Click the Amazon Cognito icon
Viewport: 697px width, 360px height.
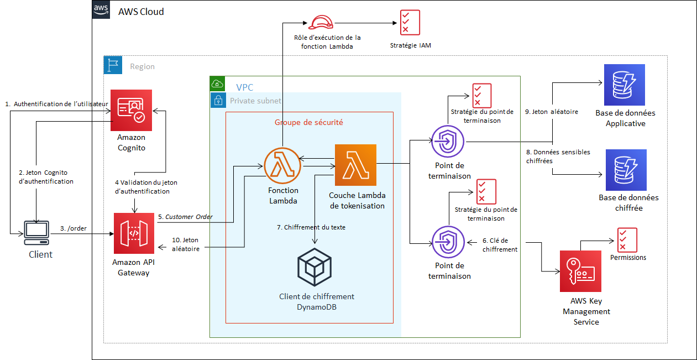(x=131, y=109)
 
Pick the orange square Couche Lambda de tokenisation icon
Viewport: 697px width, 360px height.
(x=355, y=165)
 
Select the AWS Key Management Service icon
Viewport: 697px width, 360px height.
(x=580, y=271)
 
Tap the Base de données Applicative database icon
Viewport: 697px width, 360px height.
(x=625, y=85)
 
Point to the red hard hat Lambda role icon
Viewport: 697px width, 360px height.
(x=321, y=22)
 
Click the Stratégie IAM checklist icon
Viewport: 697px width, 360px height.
(x=410, y=22)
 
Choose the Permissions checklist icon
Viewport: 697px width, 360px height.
(x=627, y=240)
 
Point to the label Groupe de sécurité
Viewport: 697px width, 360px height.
(x=308, y=122)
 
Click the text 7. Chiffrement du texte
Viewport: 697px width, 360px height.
(x=311, y=227)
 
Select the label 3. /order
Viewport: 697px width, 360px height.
(x=74, y=228)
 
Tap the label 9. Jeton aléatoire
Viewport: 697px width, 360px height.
(x=551, y=112)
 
